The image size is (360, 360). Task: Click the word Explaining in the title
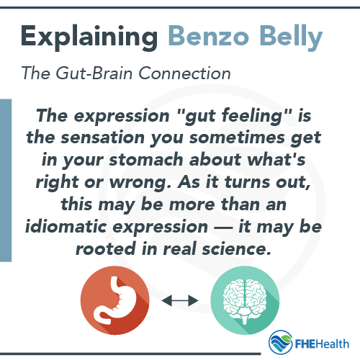tap(89, 36)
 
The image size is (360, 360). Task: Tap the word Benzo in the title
tap(210, 36)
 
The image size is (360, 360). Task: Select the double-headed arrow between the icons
tap(180, 298)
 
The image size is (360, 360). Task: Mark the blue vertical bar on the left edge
tap(6, 180)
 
